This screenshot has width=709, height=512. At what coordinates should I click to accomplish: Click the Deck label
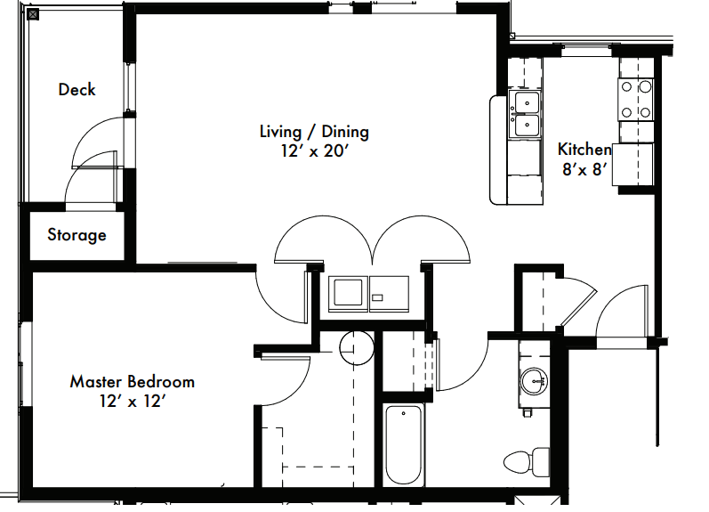click(77, 89)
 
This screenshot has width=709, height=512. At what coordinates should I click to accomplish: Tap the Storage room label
click(77, 235)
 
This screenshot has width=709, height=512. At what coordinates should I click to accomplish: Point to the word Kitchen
click(584, 150)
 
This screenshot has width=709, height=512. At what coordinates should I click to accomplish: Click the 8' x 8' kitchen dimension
click(584, 169)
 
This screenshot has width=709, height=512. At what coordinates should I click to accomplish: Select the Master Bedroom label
click(132, 382)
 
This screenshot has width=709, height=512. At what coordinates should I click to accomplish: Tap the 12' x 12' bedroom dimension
click(132, 402)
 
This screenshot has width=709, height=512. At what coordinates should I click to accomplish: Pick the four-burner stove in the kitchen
click(636, 99)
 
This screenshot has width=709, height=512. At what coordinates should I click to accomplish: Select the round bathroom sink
click(536, 380)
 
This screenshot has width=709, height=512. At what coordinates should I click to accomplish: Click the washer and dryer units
click(368, 293)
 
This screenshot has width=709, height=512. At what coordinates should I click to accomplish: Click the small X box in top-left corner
click(8, 12)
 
